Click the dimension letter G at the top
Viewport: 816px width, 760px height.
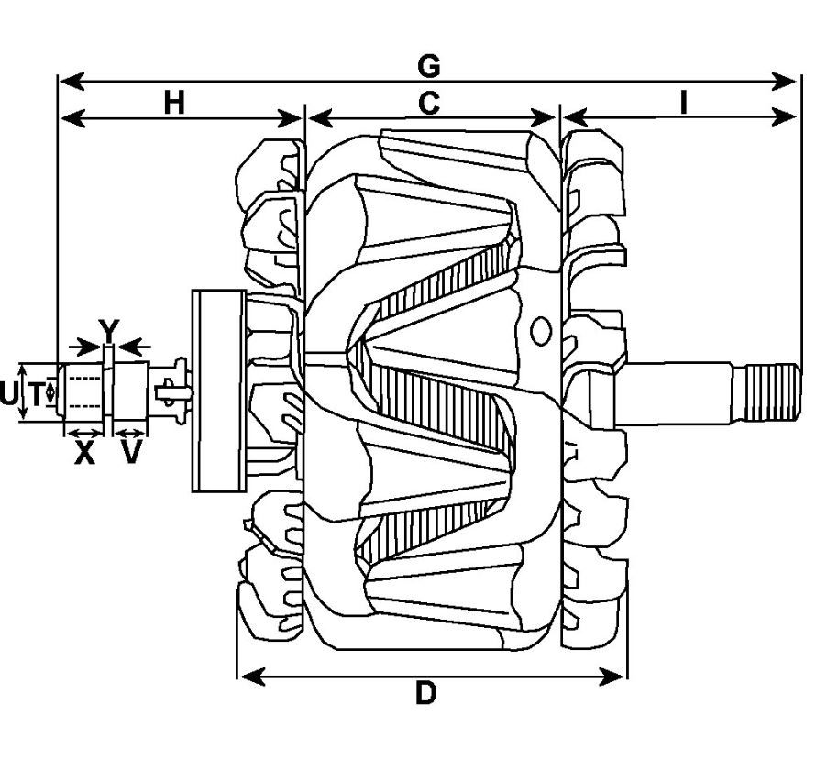click(429, 66)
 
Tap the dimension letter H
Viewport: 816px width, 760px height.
click(174, 103)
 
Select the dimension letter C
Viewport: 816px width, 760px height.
click(429, 103)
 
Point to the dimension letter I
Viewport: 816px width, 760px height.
click(683, 103)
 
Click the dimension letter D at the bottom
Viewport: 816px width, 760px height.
click(426, 693)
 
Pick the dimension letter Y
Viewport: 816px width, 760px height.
click(109, 331)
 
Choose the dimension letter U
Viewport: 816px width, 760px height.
click(8, 393)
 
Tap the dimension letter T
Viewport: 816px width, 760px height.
click(37, 393)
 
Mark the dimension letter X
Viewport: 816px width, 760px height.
click(84, 452)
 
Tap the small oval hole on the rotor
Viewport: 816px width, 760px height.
click(541, 331)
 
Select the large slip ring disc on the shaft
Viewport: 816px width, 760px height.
click(219, 391)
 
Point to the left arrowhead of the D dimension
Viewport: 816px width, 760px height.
click(252, 677)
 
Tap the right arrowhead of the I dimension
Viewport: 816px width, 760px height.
click(783, 116)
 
